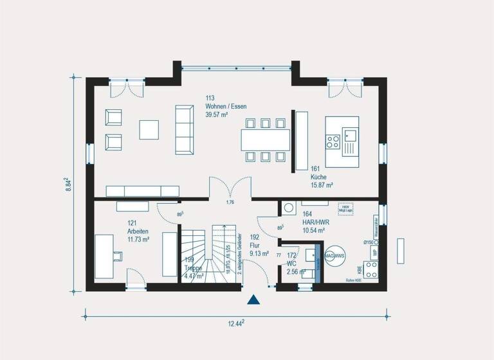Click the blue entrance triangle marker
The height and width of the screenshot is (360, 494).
254,299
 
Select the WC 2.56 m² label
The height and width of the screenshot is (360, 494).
295,267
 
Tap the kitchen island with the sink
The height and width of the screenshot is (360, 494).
341,139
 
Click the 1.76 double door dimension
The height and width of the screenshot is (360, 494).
230,203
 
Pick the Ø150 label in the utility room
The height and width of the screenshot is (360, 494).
369,242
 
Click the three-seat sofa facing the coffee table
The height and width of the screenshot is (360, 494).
185,130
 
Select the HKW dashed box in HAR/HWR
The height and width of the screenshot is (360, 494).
345,209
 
